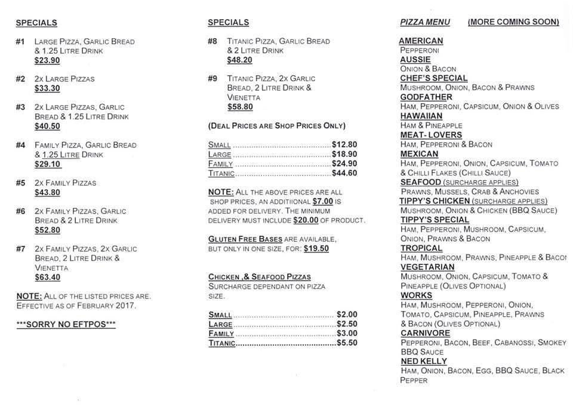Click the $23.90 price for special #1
point(47,60)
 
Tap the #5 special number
point(21,183)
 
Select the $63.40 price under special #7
point(47,277)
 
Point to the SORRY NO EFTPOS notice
point(66,324)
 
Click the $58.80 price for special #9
point(240,107)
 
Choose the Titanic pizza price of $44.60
point(344,173)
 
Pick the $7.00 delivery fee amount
point(322,202)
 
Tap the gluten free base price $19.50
point(316,248)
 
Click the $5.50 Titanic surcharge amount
point(347,343)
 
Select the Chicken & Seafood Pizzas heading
point(260,277)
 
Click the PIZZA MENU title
point(425,22)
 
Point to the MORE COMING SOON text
point(513,22)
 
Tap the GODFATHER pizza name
point(426,97)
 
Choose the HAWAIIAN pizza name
point(421,116)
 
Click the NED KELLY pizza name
point(424,361)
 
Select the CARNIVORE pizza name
point(426,333)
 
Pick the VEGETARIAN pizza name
point(427,267)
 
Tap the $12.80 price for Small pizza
point(344,144)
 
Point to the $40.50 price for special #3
point(47,126)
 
